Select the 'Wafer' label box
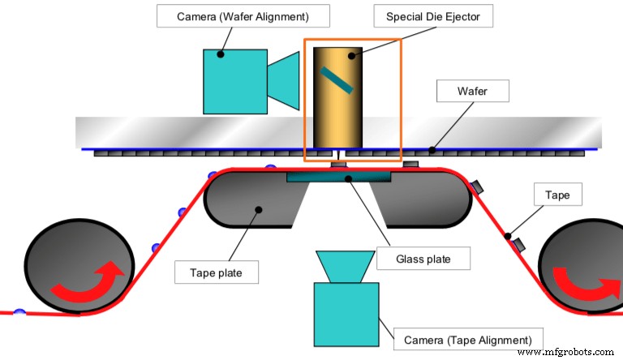point(472,91)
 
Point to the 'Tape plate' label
point(217,272)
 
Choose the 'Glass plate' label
point(424,259)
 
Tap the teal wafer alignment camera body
point(235,82)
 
